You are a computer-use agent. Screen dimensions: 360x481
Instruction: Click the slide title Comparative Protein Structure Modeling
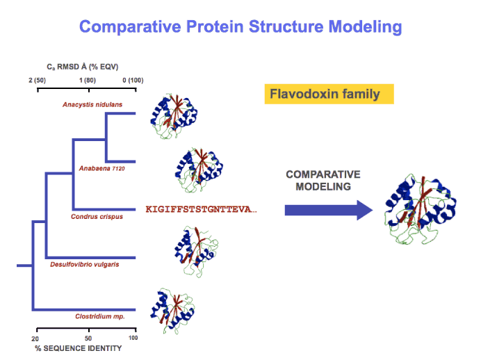(241, 27)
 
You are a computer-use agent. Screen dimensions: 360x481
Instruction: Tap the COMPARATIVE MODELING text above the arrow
(323, 180)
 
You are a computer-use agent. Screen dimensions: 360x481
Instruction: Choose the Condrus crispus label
(97, 217)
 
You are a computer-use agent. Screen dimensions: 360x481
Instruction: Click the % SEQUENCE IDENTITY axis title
(78, 347)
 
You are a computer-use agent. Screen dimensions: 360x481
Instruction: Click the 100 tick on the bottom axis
(133, 338)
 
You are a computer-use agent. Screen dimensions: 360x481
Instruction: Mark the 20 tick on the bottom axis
(35, 338)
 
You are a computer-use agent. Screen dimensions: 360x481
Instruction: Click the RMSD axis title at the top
(87, 67)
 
